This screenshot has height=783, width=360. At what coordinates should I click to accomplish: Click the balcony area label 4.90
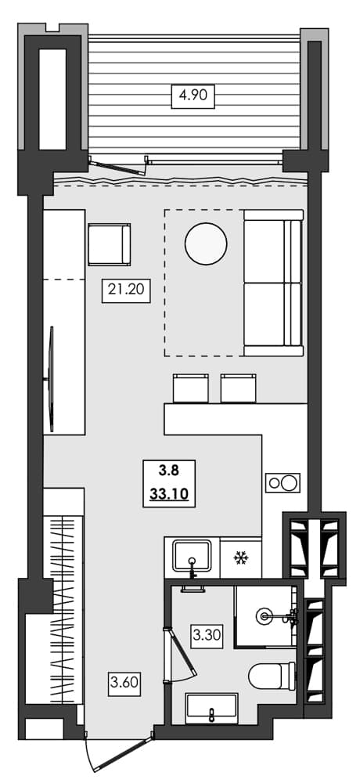193,97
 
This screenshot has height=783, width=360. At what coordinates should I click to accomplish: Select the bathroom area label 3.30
207,634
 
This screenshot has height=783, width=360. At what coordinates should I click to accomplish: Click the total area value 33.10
167,494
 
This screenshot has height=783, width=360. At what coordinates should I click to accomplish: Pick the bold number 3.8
167,471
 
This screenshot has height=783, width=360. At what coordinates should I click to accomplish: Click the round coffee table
206,244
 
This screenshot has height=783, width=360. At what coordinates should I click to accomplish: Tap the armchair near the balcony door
109,244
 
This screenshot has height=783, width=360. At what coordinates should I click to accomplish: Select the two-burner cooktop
283,483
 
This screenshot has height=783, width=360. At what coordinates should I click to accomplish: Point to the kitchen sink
190,557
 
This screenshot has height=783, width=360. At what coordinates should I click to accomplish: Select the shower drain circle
266,617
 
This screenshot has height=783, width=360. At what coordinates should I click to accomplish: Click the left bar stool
190,388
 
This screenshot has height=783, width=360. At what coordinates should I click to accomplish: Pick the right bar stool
239,388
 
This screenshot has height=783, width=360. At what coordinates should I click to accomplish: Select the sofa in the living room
272,282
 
